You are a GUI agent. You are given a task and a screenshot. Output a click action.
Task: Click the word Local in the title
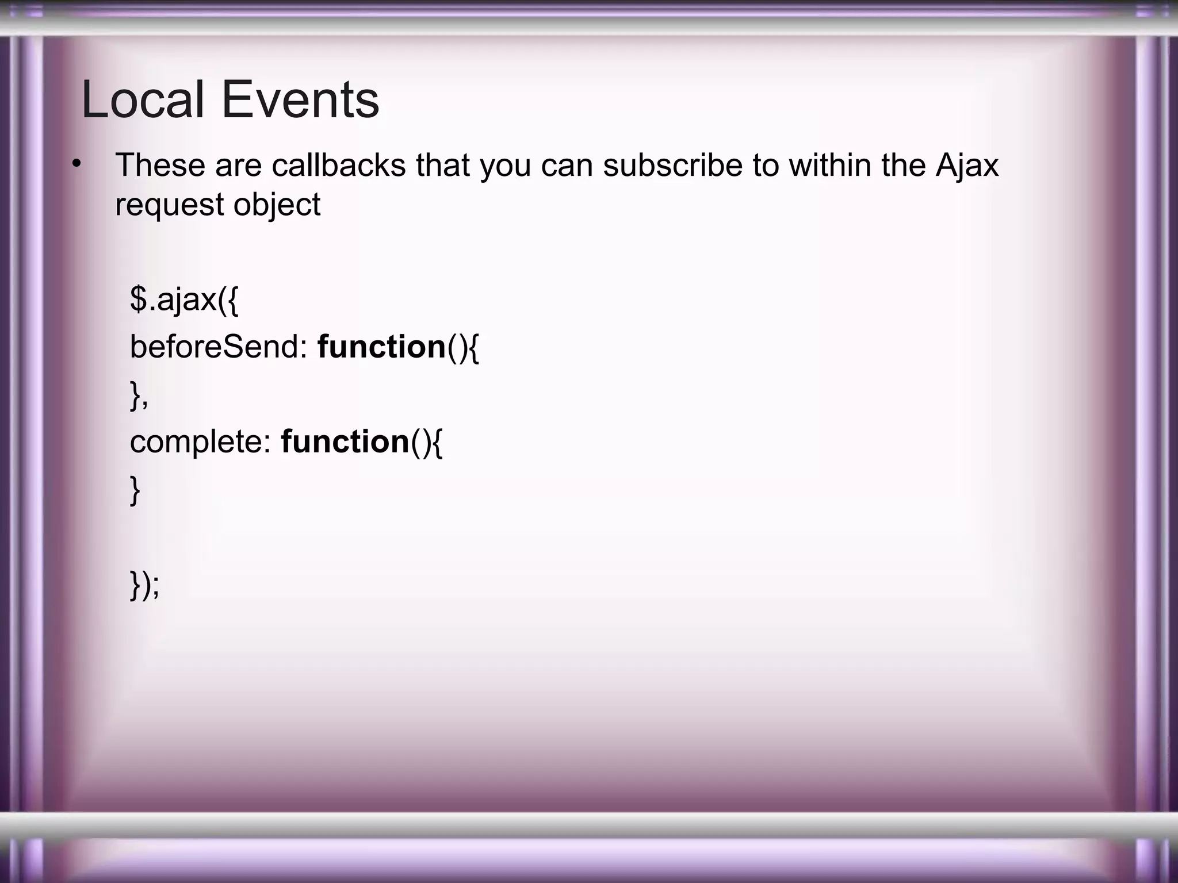143,100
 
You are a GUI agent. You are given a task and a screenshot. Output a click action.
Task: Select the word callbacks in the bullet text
339,165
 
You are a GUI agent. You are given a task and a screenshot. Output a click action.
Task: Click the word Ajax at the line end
967,166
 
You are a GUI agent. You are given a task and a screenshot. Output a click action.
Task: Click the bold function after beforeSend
381,347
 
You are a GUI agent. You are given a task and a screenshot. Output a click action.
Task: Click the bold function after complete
345,442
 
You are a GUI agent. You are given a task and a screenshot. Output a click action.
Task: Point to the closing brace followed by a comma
139,395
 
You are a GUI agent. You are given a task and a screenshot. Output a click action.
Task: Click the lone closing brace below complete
135,490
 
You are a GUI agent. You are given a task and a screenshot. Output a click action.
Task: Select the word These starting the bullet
160,165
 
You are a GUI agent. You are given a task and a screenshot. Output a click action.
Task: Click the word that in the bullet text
443,165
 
